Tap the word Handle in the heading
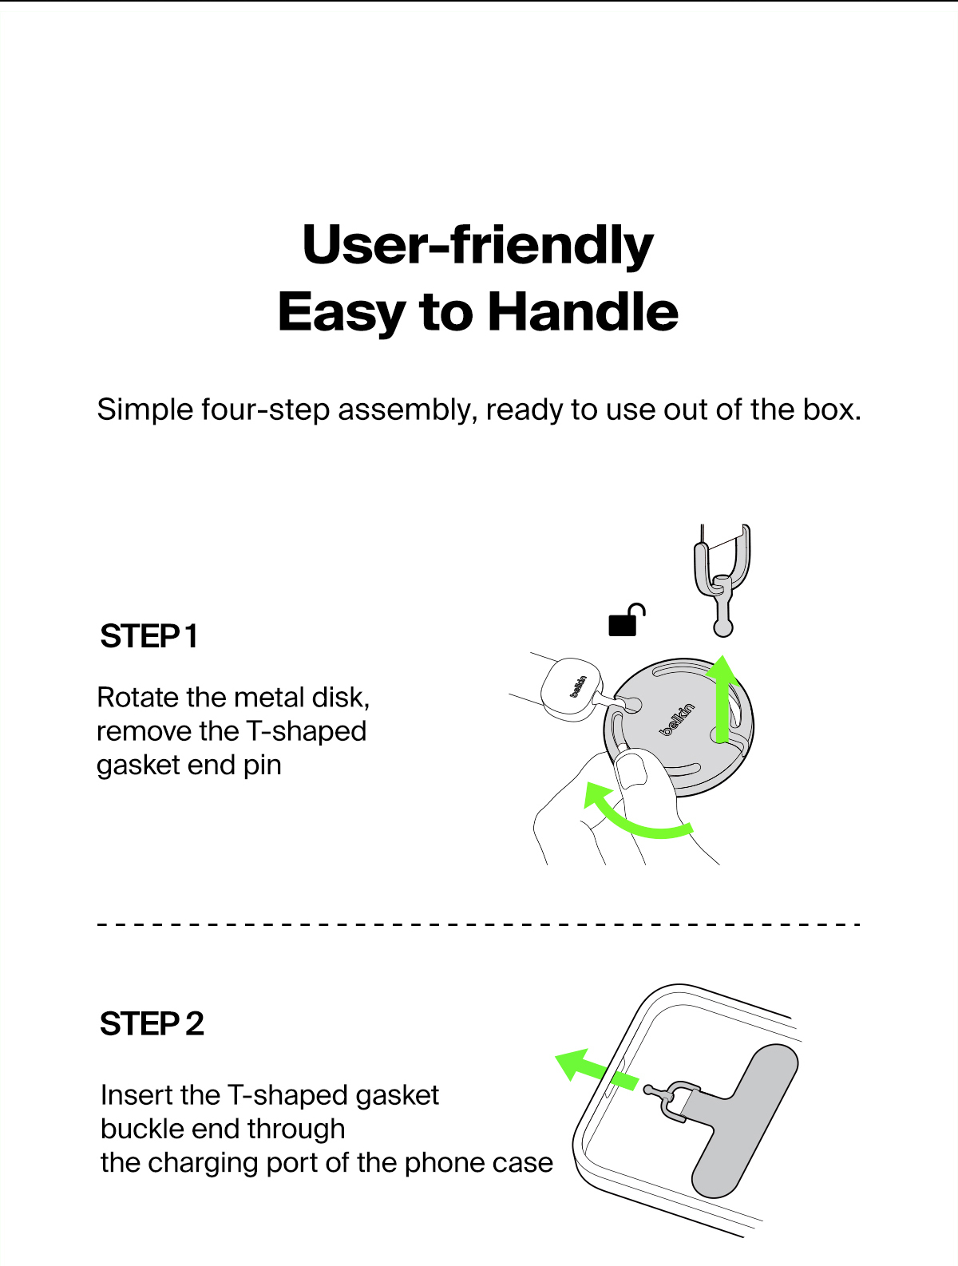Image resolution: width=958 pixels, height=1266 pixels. tap(583, 312)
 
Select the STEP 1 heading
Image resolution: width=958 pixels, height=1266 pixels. tap(148, 636)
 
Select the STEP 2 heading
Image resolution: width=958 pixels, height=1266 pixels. tap(152, 1024)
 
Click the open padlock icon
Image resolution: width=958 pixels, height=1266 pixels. tap(627, 620)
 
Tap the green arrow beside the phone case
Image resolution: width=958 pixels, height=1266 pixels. tap(596, 1073)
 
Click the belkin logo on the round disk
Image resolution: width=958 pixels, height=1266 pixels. tap(677, 720)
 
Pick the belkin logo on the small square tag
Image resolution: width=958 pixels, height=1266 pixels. tap(578, 686)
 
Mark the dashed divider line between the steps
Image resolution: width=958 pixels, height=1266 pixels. tap(479, 924)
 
